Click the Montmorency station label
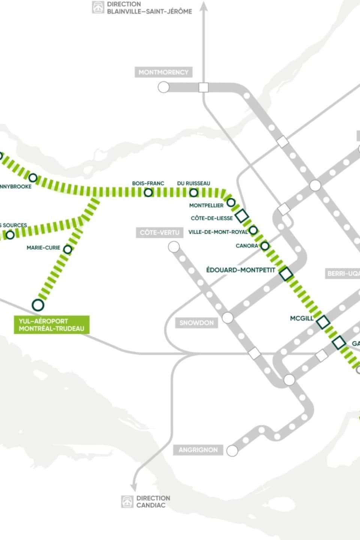point(163,72)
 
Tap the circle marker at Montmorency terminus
point(163,87)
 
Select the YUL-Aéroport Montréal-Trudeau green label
point(51,325)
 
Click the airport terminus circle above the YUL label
point(38,305)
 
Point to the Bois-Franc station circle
point(148,192)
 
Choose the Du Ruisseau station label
point(193,183)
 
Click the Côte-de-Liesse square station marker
point(242,216)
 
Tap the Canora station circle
point(265,246)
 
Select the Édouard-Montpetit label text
point(241,270)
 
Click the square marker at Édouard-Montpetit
point(286,274)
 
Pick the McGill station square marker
point(323,322)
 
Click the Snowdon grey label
point(196,323)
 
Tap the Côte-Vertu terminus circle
point(174,247)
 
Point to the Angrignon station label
point(198,450)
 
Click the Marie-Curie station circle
point(67,249)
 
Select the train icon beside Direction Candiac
point(127,502)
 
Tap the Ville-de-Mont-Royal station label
point(218,232)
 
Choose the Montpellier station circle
point(231,202)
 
